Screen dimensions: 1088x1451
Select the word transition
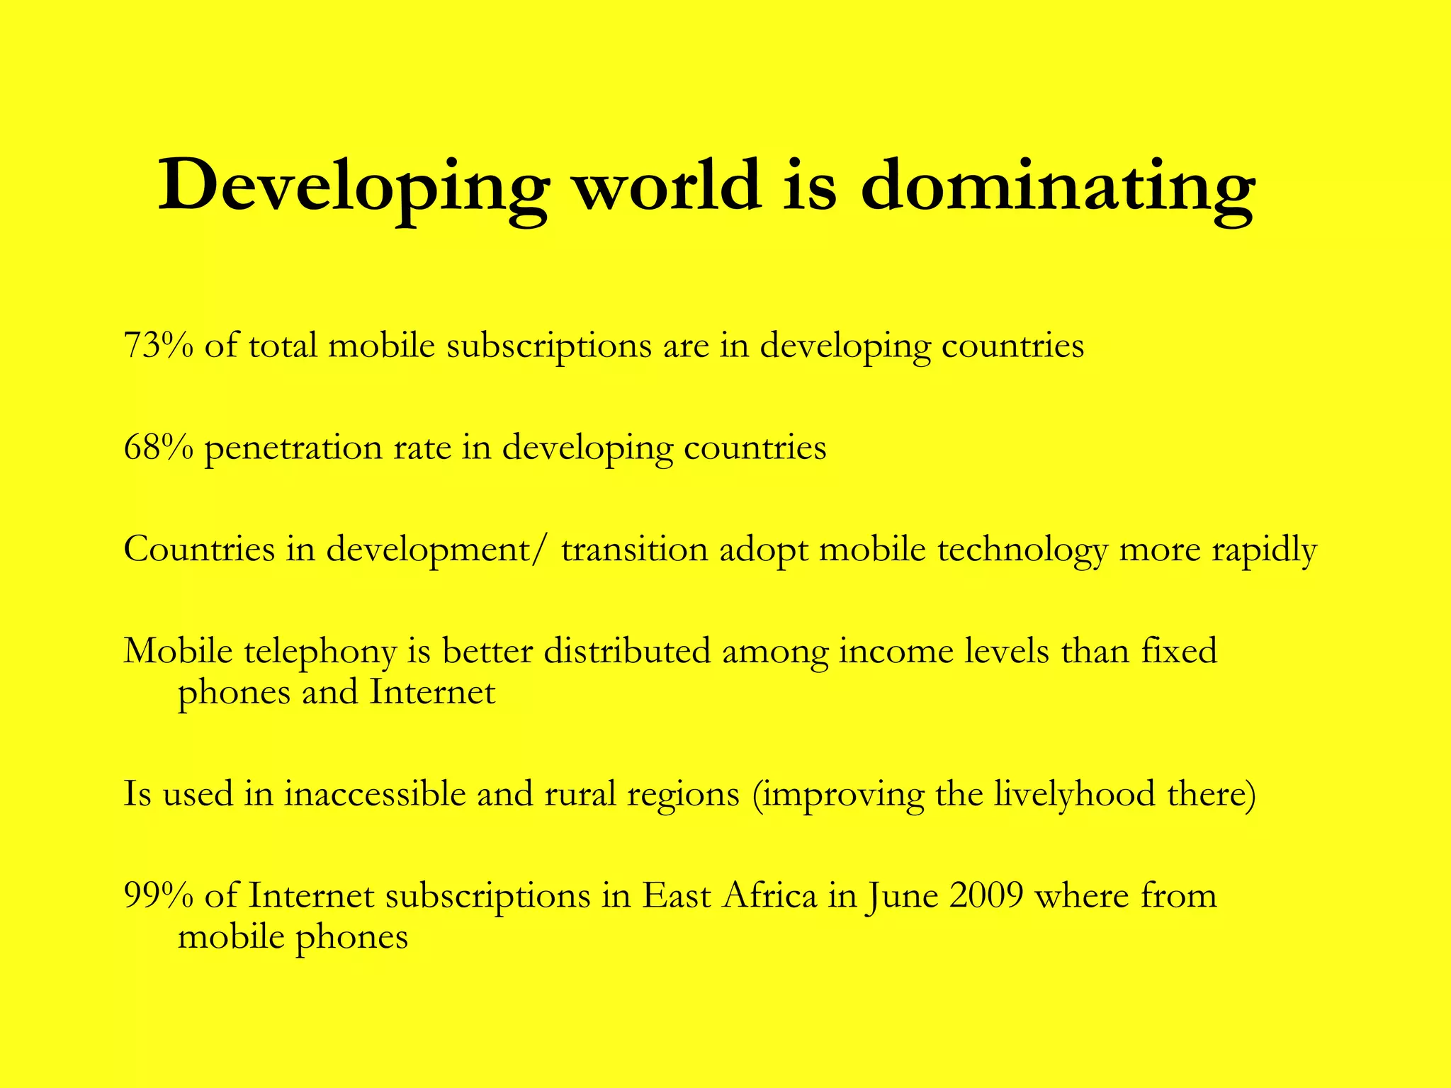click(634, 550)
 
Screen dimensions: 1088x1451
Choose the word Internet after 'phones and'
click(432, 692)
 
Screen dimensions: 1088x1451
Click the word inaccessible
click(375, 794)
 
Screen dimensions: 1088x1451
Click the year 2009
click(986, 895)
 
